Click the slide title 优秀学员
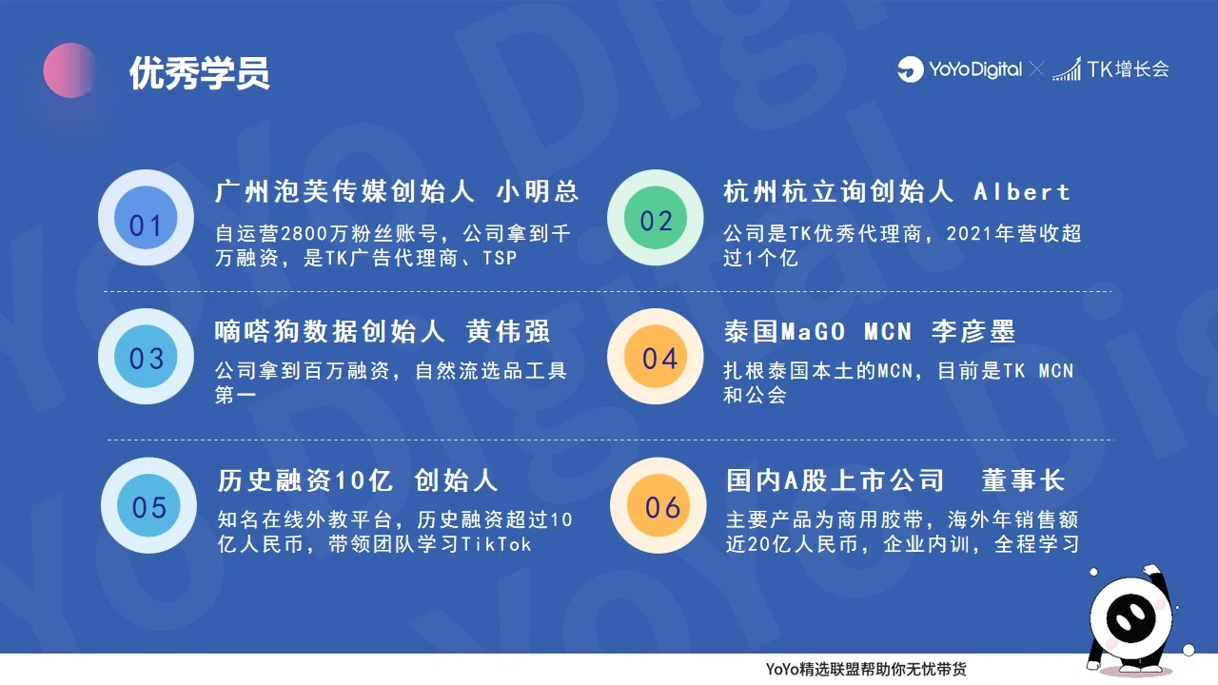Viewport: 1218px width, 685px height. [x=200, y=73]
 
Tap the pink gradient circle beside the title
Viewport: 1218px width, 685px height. [x=69, y=70]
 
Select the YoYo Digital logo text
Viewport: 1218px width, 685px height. [x=975, y=69]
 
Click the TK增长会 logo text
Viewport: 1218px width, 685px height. [x=1128, y=69]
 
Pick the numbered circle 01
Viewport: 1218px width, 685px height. [x=146, y=218]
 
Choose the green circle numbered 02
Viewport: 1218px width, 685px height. [x=656, y=218]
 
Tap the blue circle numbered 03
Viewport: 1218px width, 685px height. [x=146, y=357]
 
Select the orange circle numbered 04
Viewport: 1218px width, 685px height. [x=656, y=357]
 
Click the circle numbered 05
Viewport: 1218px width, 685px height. [x=148, y=505]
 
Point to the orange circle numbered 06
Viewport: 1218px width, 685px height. [x=658, y=505]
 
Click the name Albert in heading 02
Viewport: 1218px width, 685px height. [x=1022, y=192]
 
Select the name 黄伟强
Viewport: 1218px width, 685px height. [x=508, y=331]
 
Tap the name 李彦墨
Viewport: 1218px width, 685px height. [x=973, y=331]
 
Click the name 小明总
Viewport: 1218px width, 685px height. [x=538, y=191]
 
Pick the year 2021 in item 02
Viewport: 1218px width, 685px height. [x=969, y=234]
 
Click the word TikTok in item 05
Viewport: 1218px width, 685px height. [x=496, y=544]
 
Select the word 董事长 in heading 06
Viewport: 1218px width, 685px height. [x=1023, y=480]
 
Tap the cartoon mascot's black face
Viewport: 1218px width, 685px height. [x=1132, y=618]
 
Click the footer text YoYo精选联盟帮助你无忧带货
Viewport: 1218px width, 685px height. [x=866, y=669]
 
